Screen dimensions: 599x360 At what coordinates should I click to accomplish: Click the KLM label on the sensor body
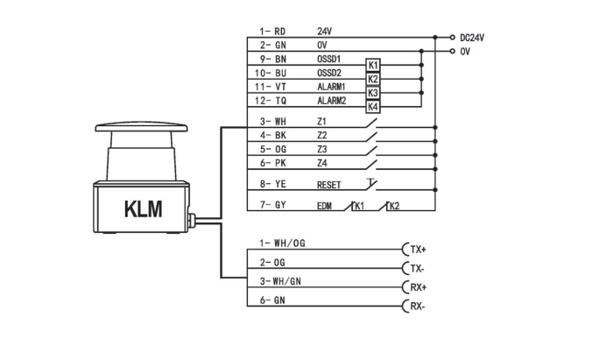point(144,209)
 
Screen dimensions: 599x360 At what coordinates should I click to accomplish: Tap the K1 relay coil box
point(373,65)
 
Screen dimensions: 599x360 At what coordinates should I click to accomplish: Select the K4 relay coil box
point(373,107)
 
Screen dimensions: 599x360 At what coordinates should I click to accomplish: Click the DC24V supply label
point(472,38)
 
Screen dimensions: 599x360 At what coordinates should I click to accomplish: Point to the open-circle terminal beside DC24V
point(452,38)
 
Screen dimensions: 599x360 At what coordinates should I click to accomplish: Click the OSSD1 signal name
point(328,60)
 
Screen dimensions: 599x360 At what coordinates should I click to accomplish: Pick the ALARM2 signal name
point(331,101)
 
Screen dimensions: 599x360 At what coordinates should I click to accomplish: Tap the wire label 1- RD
point(272,32)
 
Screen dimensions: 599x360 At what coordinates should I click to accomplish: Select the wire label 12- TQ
point(271,101)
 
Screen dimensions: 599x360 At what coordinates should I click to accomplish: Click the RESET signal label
point(328,186)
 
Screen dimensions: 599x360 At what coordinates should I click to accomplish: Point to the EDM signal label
point(324,207)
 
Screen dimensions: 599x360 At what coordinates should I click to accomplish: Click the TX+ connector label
point(418,250)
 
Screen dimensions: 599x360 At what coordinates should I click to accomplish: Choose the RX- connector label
point(418,306)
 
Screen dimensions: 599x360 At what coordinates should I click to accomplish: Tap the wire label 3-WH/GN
point(280,281)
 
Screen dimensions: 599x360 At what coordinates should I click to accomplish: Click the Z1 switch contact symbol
point(371,124)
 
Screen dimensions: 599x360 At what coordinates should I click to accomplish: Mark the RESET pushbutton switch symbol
point(371,184)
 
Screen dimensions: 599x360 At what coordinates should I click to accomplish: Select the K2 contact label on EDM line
point(393,206)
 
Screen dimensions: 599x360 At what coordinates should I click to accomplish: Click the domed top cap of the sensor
point(141,127)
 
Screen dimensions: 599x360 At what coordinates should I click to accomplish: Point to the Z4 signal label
point(322,163)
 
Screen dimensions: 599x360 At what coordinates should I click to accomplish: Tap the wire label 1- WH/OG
point(282,244)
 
